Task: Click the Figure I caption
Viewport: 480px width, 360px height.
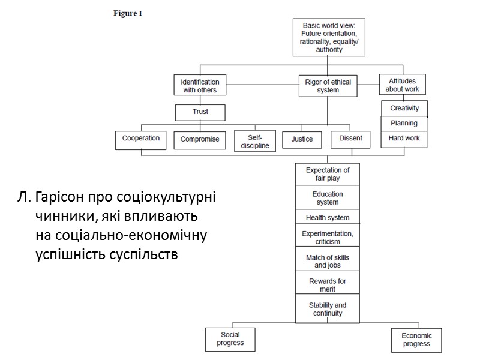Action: pyautogui.click(x=128, y=14)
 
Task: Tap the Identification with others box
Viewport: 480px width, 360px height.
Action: pyautogui.click(x=200, y=86)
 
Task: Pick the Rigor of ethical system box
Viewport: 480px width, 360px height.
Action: pyautogui.click(x=328, y=86)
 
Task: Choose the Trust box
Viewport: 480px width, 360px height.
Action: pyautogui.click(x=200, y=112)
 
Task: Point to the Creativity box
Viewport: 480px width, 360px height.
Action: pyautogui.click(x=404, y=109)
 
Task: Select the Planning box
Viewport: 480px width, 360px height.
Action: pyautogui.click(x=404, y=124)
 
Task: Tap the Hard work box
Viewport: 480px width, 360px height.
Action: pyautogui.click(x=404, y=139)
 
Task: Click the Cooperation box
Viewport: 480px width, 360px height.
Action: pyautogui.click(x=142, y=139)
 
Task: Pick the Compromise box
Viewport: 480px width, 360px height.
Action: pyautogui.click(x=200, y=140)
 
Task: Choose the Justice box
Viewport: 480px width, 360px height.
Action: pyautogui.click(x=302, y=140)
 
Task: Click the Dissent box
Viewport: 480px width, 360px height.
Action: pyautogui.click(x=350, y=139)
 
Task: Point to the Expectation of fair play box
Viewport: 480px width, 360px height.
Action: pyautogui.click(x=327, y=174)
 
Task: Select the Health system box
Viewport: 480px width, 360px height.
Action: pyautogui.click(x=327, y=217)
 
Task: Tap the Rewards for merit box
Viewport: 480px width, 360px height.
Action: pyautogui.click(x=327, y=284)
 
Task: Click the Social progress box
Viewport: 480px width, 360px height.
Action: pyautogui.click(x=230, y=339)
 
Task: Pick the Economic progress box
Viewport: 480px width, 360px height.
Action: pyautogui.click(x=416, y=340)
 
